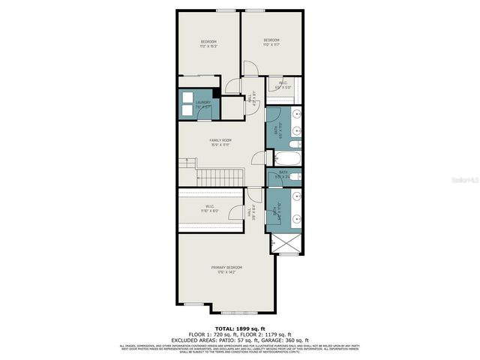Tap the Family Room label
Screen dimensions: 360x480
(x=220, y=140)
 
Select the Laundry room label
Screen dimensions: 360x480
(x=202, y=103)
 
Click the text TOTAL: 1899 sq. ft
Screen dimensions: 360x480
(x=239, y=328)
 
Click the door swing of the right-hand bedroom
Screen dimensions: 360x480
(x=250, y=69)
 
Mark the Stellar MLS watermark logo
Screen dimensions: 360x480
(x=460, y=180)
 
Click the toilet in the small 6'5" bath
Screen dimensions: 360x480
(x=295, y=177)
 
